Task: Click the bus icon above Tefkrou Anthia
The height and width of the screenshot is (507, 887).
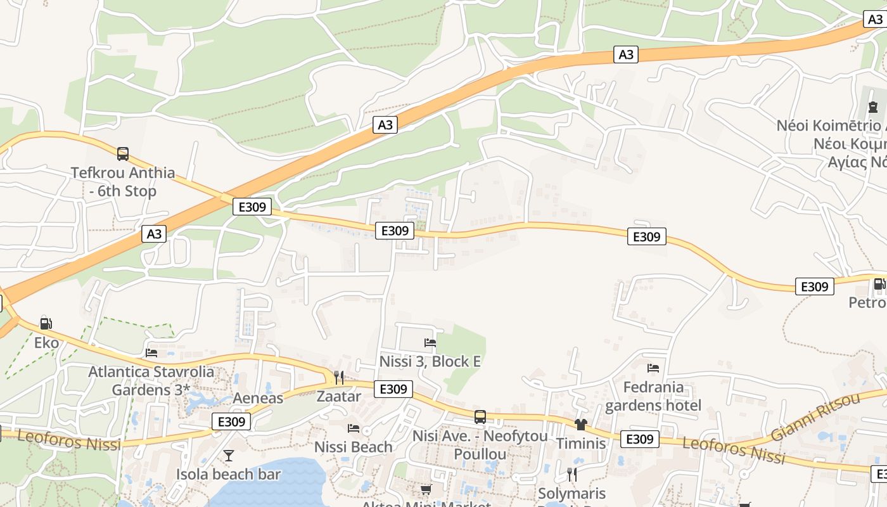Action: click(x=123, y=153)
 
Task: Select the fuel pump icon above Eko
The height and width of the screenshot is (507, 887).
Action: click(x=46, y=323)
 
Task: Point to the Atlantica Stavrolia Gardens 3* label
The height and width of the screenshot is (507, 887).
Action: click(x=151, y=380)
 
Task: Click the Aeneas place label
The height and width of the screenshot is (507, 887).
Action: click(x=258, y=398)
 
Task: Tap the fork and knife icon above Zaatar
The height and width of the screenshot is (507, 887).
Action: click(x=339, y=378)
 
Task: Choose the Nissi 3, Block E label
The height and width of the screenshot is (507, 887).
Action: click(x=430, y=362)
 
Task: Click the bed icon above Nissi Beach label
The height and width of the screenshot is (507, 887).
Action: click(x=354, y=428)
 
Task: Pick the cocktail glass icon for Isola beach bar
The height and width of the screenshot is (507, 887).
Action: click(x=228, y=456)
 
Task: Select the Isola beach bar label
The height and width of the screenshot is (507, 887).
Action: click(x=228, y=474)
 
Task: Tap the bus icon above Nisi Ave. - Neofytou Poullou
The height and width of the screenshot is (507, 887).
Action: click(x=480, y=417)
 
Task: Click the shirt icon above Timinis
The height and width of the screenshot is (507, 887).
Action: click(x=581, y=424)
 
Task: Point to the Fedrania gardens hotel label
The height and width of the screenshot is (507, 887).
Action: click(x=653, y=396)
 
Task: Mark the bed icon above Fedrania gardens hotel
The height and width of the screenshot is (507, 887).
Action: click(x=653, y=368)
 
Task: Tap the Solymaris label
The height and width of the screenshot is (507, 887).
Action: click(x=571, y=493)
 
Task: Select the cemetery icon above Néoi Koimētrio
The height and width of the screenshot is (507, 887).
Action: click(x=873, y=106)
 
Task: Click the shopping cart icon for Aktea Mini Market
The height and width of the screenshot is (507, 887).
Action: click(x=426, y=489)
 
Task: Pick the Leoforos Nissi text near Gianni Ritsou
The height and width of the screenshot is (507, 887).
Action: click(x=734, y=450)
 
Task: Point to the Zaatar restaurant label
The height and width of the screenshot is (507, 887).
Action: click(x=339, y=397)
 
